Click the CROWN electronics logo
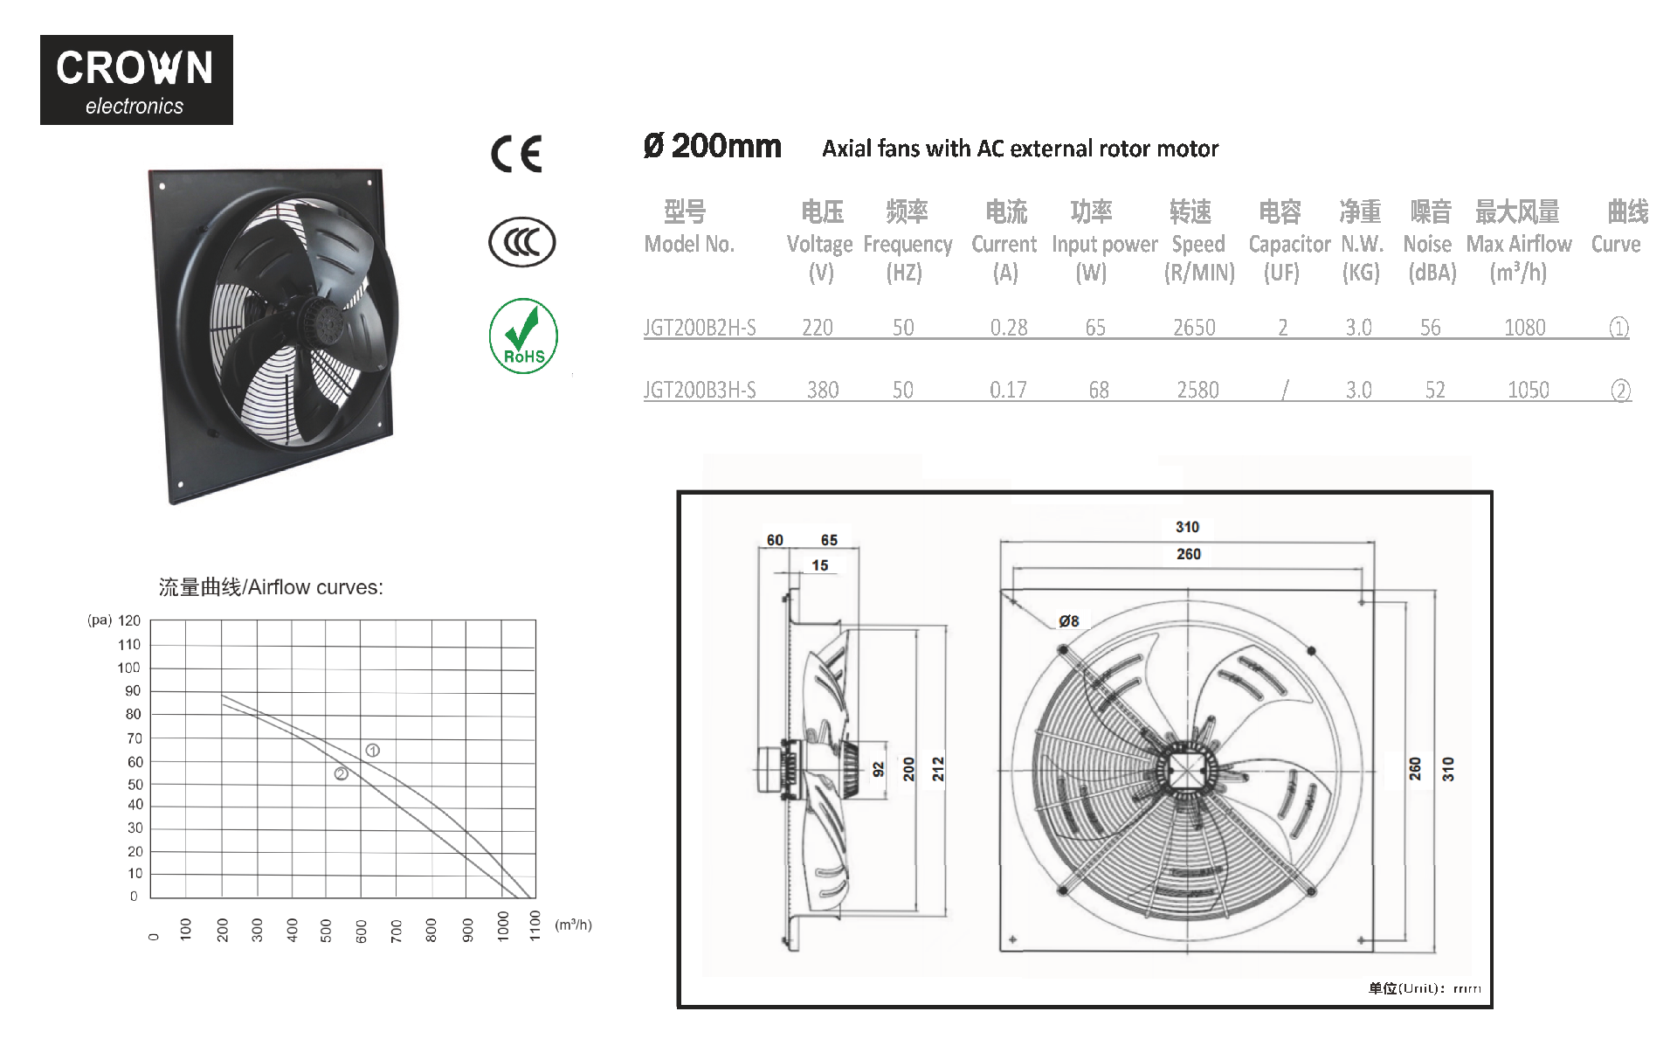click(136, 80)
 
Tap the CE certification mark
click(516, 154)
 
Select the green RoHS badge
click(523, 336)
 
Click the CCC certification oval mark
click(522, 242)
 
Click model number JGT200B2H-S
click(700, 328)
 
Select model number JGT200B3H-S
click(700, 390)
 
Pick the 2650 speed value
click(1194, 328)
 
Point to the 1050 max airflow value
click(1529, 390)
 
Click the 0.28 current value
click(1009, 328)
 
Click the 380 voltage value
click(823, 390)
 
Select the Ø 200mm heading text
click(713, 146)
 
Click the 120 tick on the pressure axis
click(129, 620)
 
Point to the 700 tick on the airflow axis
click(397, 930)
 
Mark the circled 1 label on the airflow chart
click(373, 751)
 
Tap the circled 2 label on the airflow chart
click(342, 773)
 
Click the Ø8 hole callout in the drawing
click(1069, 621)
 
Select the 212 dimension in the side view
click(938, 769)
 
